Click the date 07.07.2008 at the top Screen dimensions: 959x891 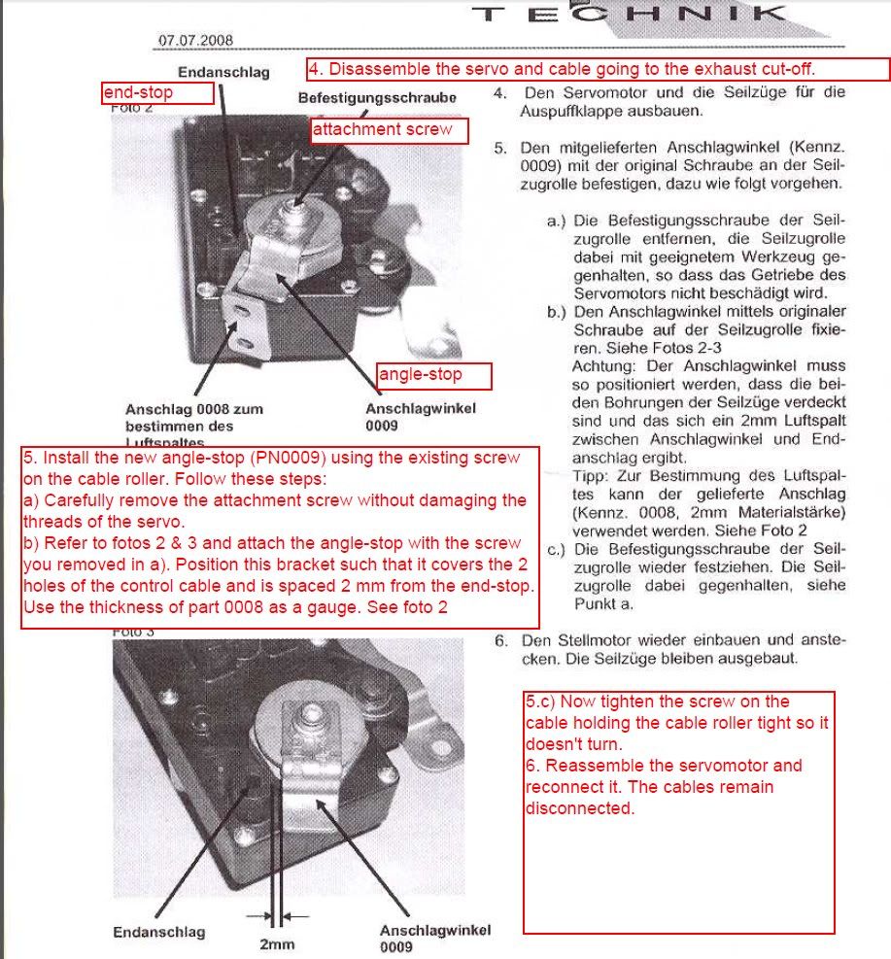(x=194, y=42)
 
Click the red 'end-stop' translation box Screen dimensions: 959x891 (x=157, y=93)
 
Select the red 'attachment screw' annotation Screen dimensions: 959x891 (x=382, y=130)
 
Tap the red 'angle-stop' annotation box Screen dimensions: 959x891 (x=434, y=375)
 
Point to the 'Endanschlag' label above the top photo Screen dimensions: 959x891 (x=223, y=72)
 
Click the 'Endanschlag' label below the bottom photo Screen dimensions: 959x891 (x=159, y=932)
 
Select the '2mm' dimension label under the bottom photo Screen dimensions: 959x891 (x=277, y=943)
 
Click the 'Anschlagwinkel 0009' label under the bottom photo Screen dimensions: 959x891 (x=434, y=937)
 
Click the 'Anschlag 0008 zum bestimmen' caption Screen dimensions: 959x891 (x=194, y=417)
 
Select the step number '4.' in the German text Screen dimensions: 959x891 (x=500, y=94)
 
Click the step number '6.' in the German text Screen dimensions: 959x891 (x=500, y=640)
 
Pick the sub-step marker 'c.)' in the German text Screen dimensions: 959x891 (x=557, y=550)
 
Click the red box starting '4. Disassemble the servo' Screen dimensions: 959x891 (x=599, y=70)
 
